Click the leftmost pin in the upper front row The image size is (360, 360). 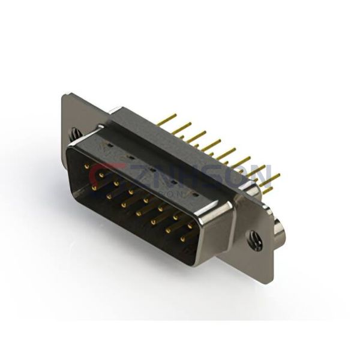[x=88, y=166]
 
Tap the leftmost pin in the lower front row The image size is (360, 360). [x=95, y=187]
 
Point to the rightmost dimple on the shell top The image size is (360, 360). [x=194, y=195]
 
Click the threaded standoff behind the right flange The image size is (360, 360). [x=279, y=230]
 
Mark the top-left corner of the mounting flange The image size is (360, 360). [x=65, y=95]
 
